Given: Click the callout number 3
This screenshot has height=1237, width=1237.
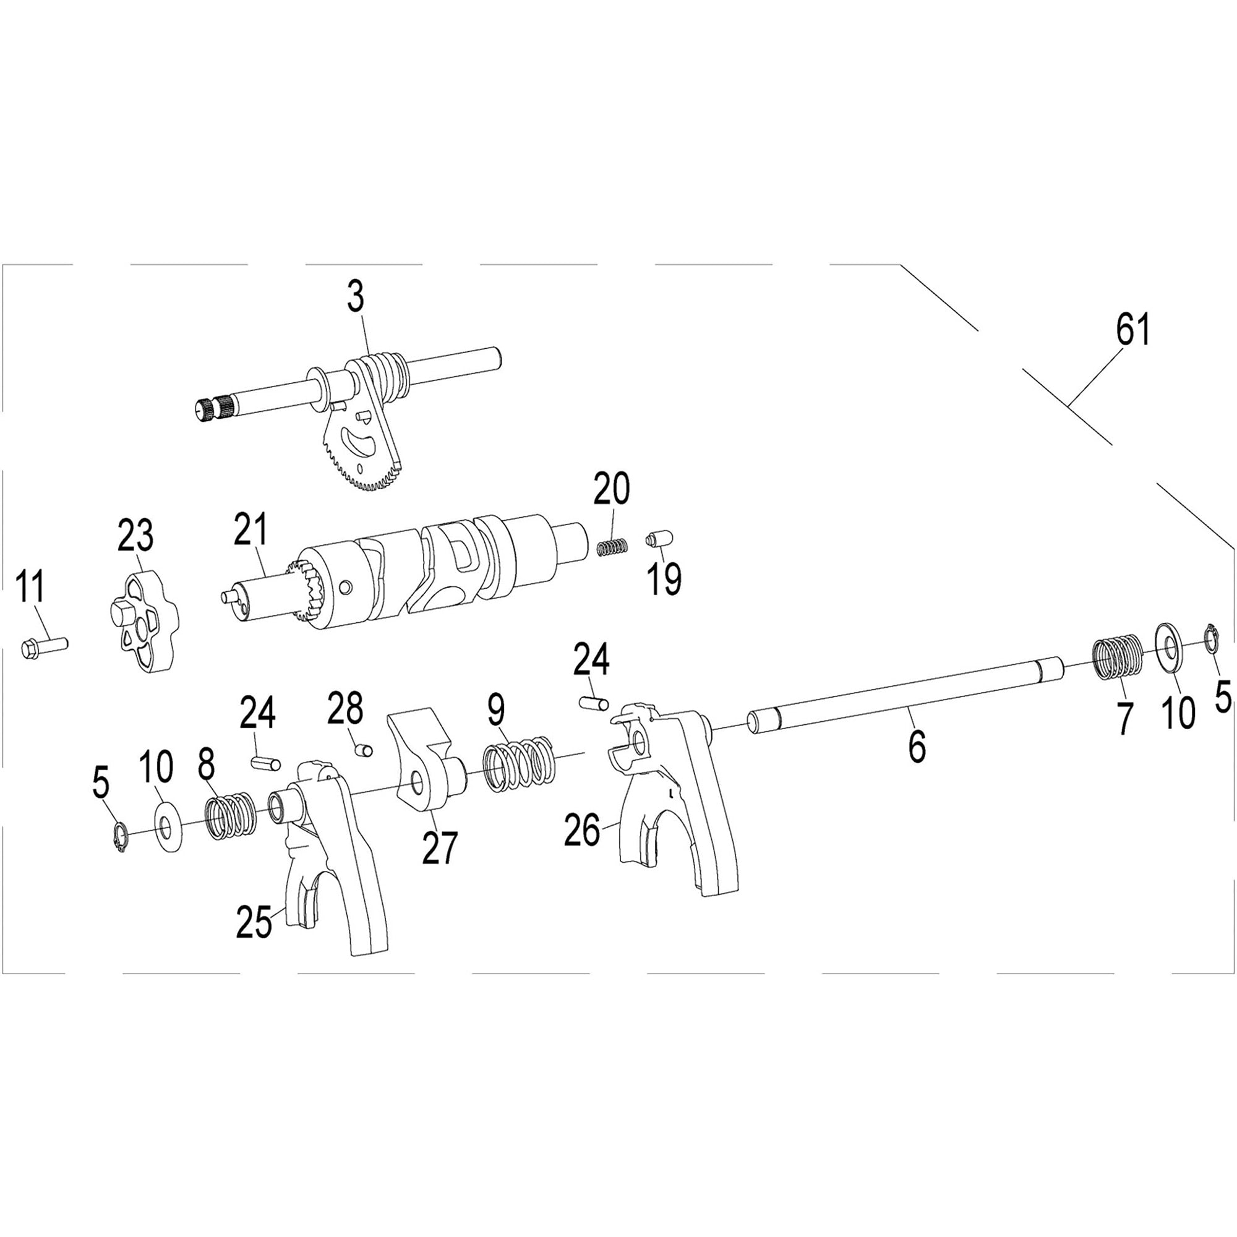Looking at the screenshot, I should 357,298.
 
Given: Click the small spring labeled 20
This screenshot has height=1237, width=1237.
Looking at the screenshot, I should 612,548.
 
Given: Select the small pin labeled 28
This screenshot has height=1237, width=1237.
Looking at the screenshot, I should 364,748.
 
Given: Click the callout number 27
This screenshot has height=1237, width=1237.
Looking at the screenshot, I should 439,847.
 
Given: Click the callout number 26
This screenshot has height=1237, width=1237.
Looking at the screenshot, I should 582,831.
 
